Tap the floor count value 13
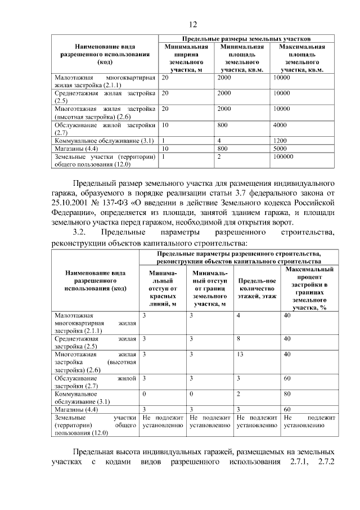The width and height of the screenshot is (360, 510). [240, 355]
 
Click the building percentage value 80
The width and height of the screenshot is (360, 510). [287, 394]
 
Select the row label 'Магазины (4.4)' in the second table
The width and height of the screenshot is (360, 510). [76, 409]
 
